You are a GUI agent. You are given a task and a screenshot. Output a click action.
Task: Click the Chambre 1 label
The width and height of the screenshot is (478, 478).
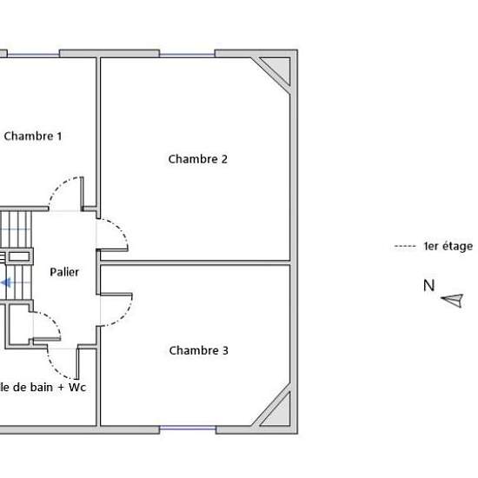point(33,136)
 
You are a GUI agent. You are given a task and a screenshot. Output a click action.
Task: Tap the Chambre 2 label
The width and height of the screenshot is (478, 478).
point(198,159)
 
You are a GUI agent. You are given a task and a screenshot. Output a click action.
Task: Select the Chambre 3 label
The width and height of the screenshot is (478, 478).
point(198,350)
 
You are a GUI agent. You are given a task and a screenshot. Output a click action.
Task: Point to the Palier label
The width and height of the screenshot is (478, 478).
point(64,272)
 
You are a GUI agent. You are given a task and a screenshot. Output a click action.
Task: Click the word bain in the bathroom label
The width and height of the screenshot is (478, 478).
point(41,387)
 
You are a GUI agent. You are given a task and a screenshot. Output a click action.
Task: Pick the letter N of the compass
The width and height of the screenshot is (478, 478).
point(429,286)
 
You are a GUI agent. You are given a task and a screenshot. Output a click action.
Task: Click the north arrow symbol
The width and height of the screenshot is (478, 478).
point(453,301)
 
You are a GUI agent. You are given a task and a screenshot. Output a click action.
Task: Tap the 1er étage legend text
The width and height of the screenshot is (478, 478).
point(448,246)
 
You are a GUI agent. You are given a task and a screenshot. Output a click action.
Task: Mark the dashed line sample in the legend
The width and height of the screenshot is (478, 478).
point(405,246)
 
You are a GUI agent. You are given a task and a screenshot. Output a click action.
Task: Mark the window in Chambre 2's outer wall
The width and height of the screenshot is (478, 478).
point(187,55)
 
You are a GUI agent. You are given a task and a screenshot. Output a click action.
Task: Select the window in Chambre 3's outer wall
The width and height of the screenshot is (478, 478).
point(188,428)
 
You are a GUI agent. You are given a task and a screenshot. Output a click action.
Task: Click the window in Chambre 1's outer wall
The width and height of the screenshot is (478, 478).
point(33,55)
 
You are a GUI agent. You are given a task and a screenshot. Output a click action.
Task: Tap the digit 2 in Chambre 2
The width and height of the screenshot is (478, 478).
point(224,159)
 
